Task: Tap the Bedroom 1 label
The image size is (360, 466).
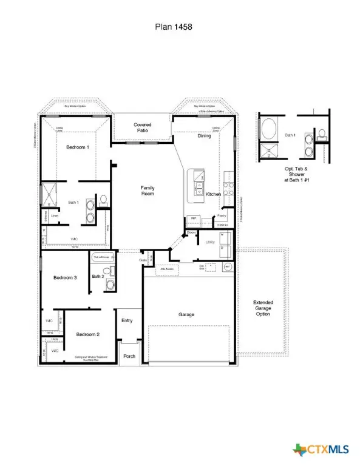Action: [78, 147]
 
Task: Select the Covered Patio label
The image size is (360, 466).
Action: [143, 128]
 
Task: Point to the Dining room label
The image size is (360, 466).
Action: [205, 136]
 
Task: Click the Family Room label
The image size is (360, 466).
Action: [148, 191]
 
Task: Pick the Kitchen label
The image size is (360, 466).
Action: [213, 194]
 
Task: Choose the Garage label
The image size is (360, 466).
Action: [186, 315]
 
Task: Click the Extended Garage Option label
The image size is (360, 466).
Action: [263, 308]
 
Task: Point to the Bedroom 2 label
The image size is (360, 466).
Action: [87, 334]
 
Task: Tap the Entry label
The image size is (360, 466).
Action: [127, 321]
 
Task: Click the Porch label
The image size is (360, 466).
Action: [129, 357]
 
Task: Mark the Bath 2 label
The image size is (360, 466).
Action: [98, 277]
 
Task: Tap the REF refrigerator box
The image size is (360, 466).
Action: [195, 218]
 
